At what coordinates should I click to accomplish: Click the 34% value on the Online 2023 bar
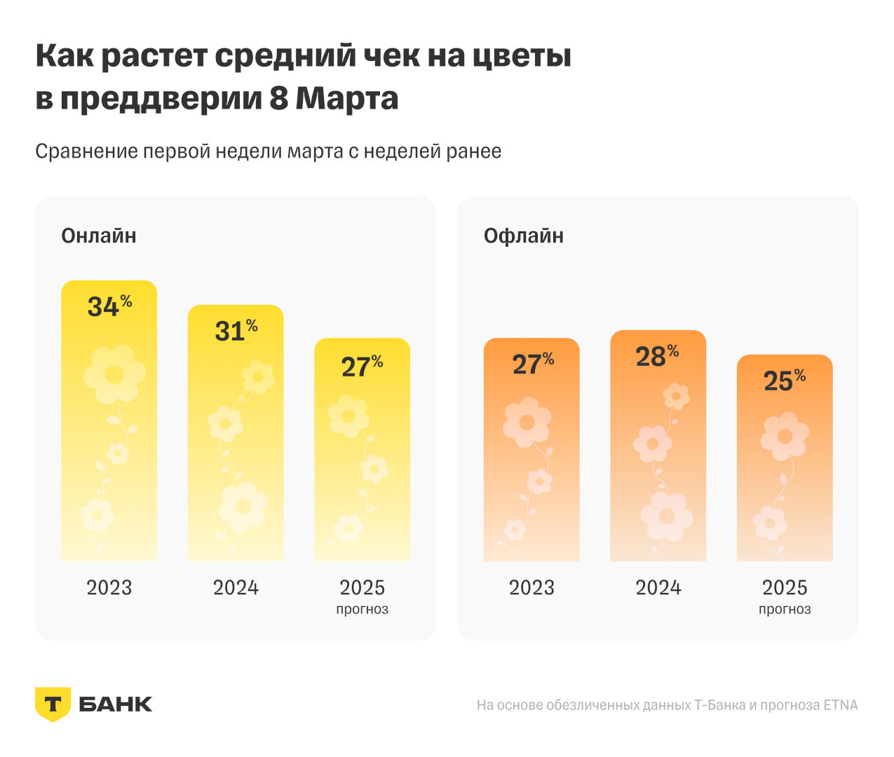click(109, 306)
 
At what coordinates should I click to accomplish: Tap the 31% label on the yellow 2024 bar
click(236, 331)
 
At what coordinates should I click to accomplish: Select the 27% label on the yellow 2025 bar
click(362, 367)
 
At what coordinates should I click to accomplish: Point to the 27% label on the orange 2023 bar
click(532, 364)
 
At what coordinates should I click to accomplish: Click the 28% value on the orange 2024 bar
click(657, 356)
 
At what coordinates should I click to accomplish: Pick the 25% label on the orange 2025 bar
click(784, 381)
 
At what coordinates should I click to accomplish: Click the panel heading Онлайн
click(99, 236)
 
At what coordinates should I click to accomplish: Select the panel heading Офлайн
click(524, 236)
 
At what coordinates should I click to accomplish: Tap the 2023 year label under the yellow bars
click(109, 587)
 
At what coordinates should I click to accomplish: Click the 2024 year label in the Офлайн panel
click(658, 587)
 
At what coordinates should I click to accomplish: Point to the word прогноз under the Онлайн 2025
click(362, 609)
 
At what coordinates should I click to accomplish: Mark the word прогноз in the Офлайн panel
click(785, 609)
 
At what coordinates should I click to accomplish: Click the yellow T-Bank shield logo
click(53, 704)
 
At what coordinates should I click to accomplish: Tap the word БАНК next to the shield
click(116, 704)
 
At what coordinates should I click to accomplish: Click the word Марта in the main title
click(346, 98)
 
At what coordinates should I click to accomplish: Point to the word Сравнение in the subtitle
click(86, 151)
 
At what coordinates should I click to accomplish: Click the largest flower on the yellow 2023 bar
click(114, 374)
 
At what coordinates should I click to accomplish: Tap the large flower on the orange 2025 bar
click(785, 436)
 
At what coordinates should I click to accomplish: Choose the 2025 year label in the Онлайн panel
click(363, 587)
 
